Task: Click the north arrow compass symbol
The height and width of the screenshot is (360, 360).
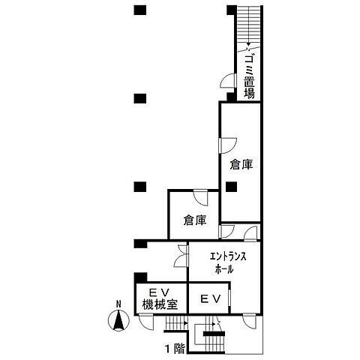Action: (x=118, y=320)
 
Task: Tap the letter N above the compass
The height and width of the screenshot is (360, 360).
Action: (x=118, y=304)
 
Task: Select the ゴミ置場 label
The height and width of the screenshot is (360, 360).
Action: (x=249, y=76)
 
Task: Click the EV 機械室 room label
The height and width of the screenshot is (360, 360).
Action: (x=160, y=298)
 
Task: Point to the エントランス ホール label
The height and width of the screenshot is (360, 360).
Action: (x=227, y=263)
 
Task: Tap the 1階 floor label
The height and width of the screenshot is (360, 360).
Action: (x=175, y=349)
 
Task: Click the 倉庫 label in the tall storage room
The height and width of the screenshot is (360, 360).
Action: (x=241, y=165)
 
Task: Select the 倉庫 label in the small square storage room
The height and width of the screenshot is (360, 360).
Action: (x=195, y=220)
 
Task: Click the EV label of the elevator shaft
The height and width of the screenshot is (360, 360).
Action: (x=211, y=298)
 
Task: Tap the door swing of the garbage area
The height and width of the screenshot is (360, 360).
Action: (x=228, y=80)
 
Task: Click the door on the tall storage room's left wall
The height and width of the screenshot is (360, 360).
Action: (x=228, y=145)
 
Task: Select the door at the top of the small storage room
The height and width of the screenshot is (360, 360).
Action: (x=201, y=198)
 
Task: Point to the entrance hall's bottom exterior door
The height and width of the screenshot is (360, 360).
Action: (x=250, y=321)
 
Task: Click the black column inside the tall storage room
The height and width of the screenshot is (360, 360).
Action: (x=231, y=187)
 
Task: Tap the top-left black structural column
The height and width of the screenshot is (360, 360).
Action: (x=140, y=10)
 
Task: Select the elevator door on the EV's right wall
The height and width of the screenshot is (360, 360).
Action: (x=229, y=298)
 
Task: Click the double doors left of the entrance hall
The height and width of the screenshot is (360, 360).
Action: (x=181, y=256)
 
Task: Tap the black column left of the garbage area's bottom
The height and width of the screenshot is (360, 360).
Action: (x=231, y=97)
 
